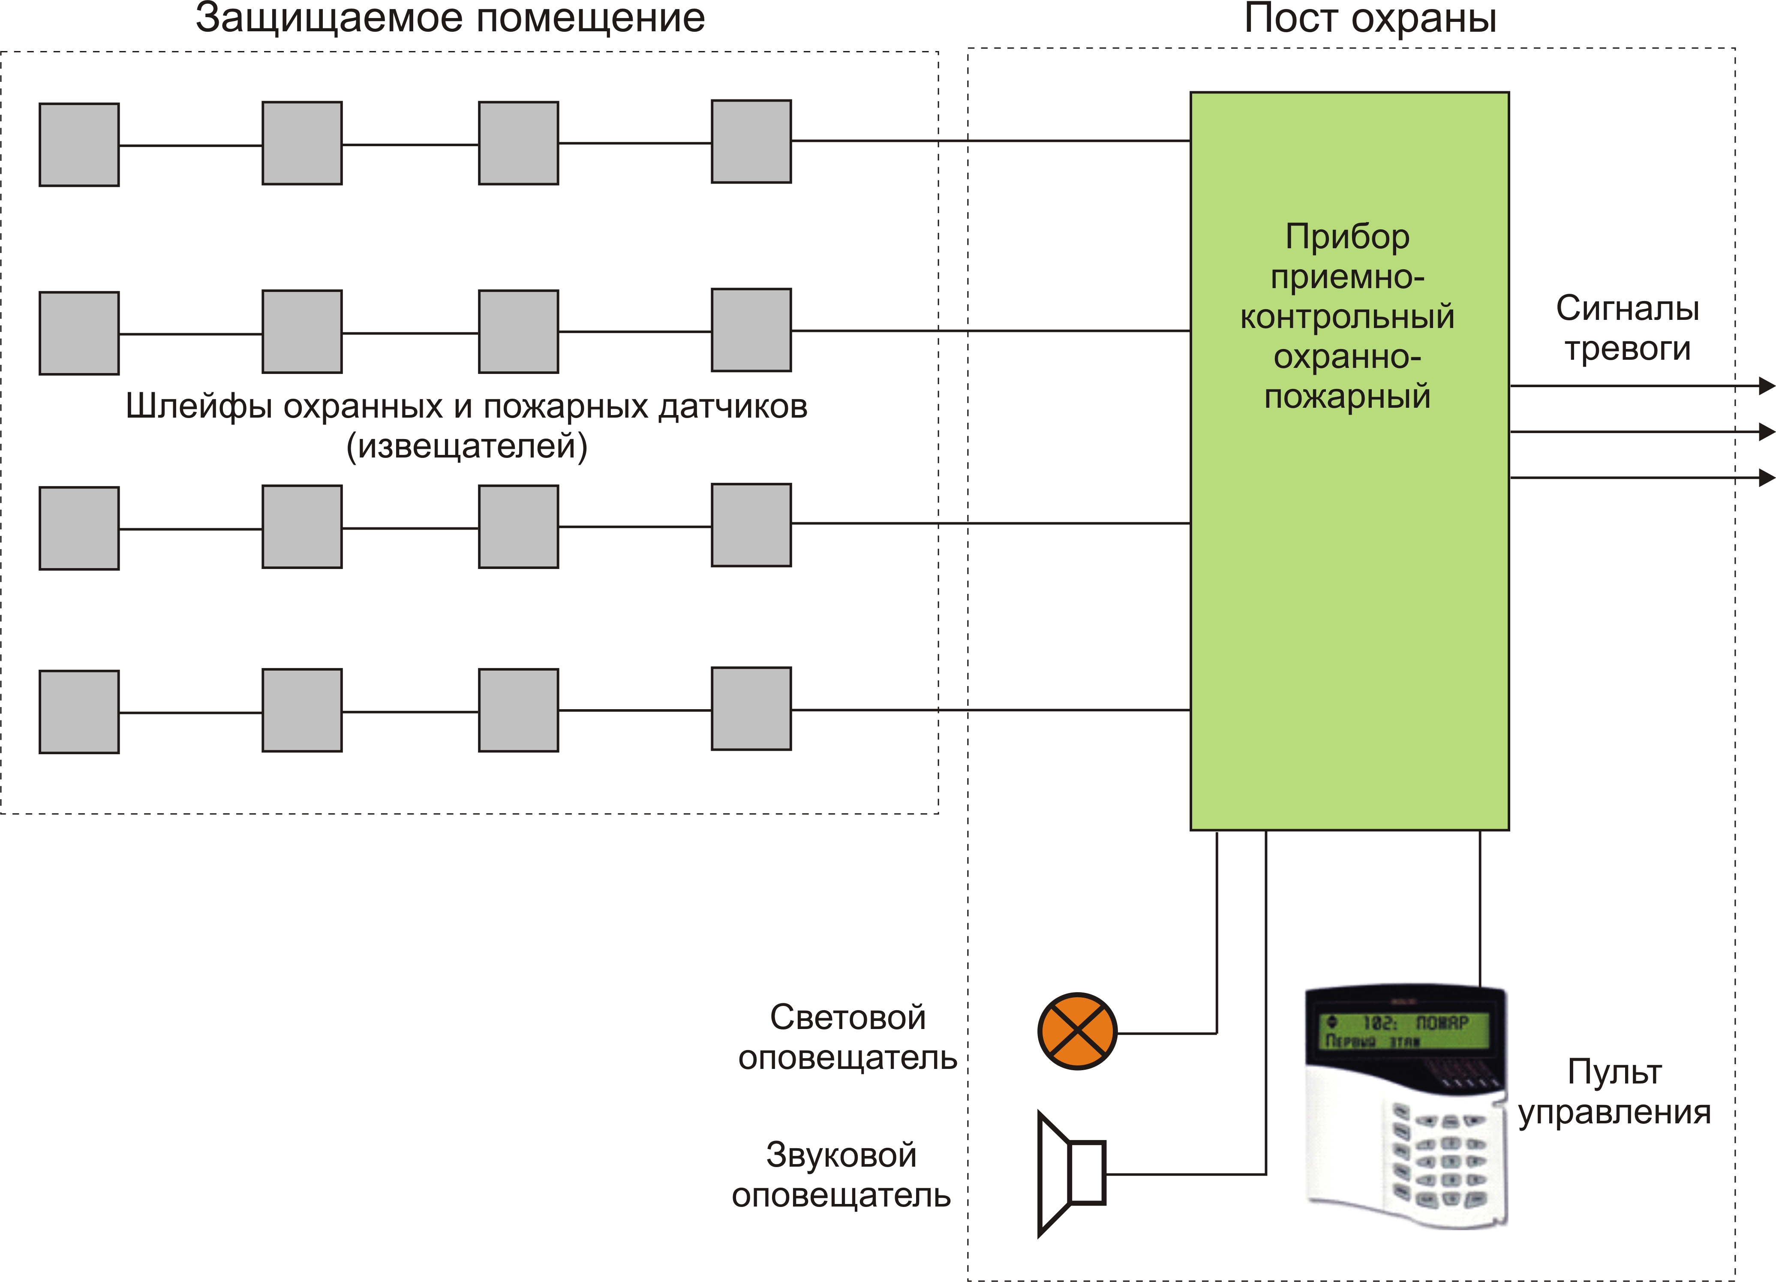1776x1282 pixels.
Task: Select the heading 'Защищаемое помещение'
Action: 450,19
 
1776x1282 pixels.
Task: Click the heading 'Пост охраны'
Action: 1370,19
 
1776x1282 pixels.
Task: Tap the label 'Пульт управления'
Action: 1615,1092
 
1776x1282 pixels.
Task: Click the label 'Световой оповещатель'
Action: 847,1037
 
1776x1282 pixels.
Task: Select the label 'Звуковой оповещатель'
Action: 841,1175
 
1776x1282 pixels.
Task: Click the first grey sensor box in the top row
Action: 79,145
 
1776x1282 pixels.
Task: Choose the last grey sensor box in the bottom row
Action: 751,709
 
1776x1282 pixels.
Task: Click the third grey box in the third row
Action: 518,526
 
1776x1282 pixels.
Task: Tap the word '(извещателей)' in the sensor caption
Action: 467,446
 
